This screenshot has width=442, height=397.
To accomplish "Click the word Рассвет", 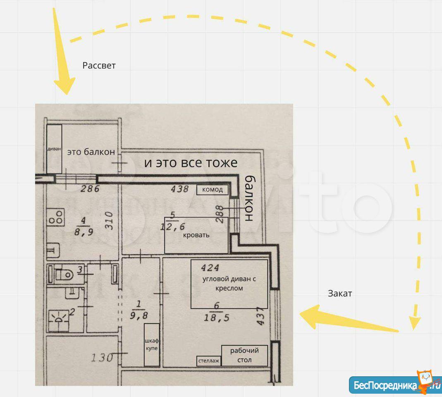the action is point(99,65).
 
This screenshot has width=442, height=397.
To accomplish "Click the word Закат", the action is point(340,294).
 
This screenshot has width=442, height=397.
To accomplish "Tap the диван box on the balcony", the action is point(54,149).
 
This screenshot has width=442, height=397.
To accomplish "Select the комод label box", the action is point(212,190).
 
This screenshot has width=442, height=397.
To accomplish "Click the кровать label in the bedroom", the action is point(196,235).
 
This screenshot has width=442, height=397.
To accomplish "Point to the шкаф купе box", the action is point(152,344).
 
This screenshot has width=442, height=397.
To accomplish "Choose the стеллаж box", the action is point(209,361).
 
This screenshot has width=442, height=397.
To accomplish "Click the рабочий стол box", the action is point(244,355).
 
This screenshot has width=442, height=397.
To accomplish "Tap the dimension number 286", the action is point(90,188).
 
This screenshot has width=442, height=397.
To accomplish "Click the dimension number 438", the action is point(179,189).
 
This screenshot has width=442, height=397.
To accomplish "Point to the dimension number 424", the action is point(210,268).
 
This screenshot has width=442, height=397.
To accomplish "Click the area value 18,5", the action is point(216,318).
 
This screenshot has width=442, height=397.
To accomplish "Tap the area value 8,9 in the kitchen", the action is point(84,232).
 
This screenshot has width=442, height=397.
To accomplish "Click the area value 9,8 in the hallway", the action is point(139,315).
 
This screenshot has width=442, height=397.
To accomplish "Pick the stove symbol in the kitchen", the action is point(55,217).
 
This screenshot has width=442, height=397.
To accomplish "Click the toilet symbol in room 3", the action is point(64,274).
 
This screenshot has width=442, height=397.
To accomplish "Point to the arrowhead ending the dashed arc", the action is point(415,323).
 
